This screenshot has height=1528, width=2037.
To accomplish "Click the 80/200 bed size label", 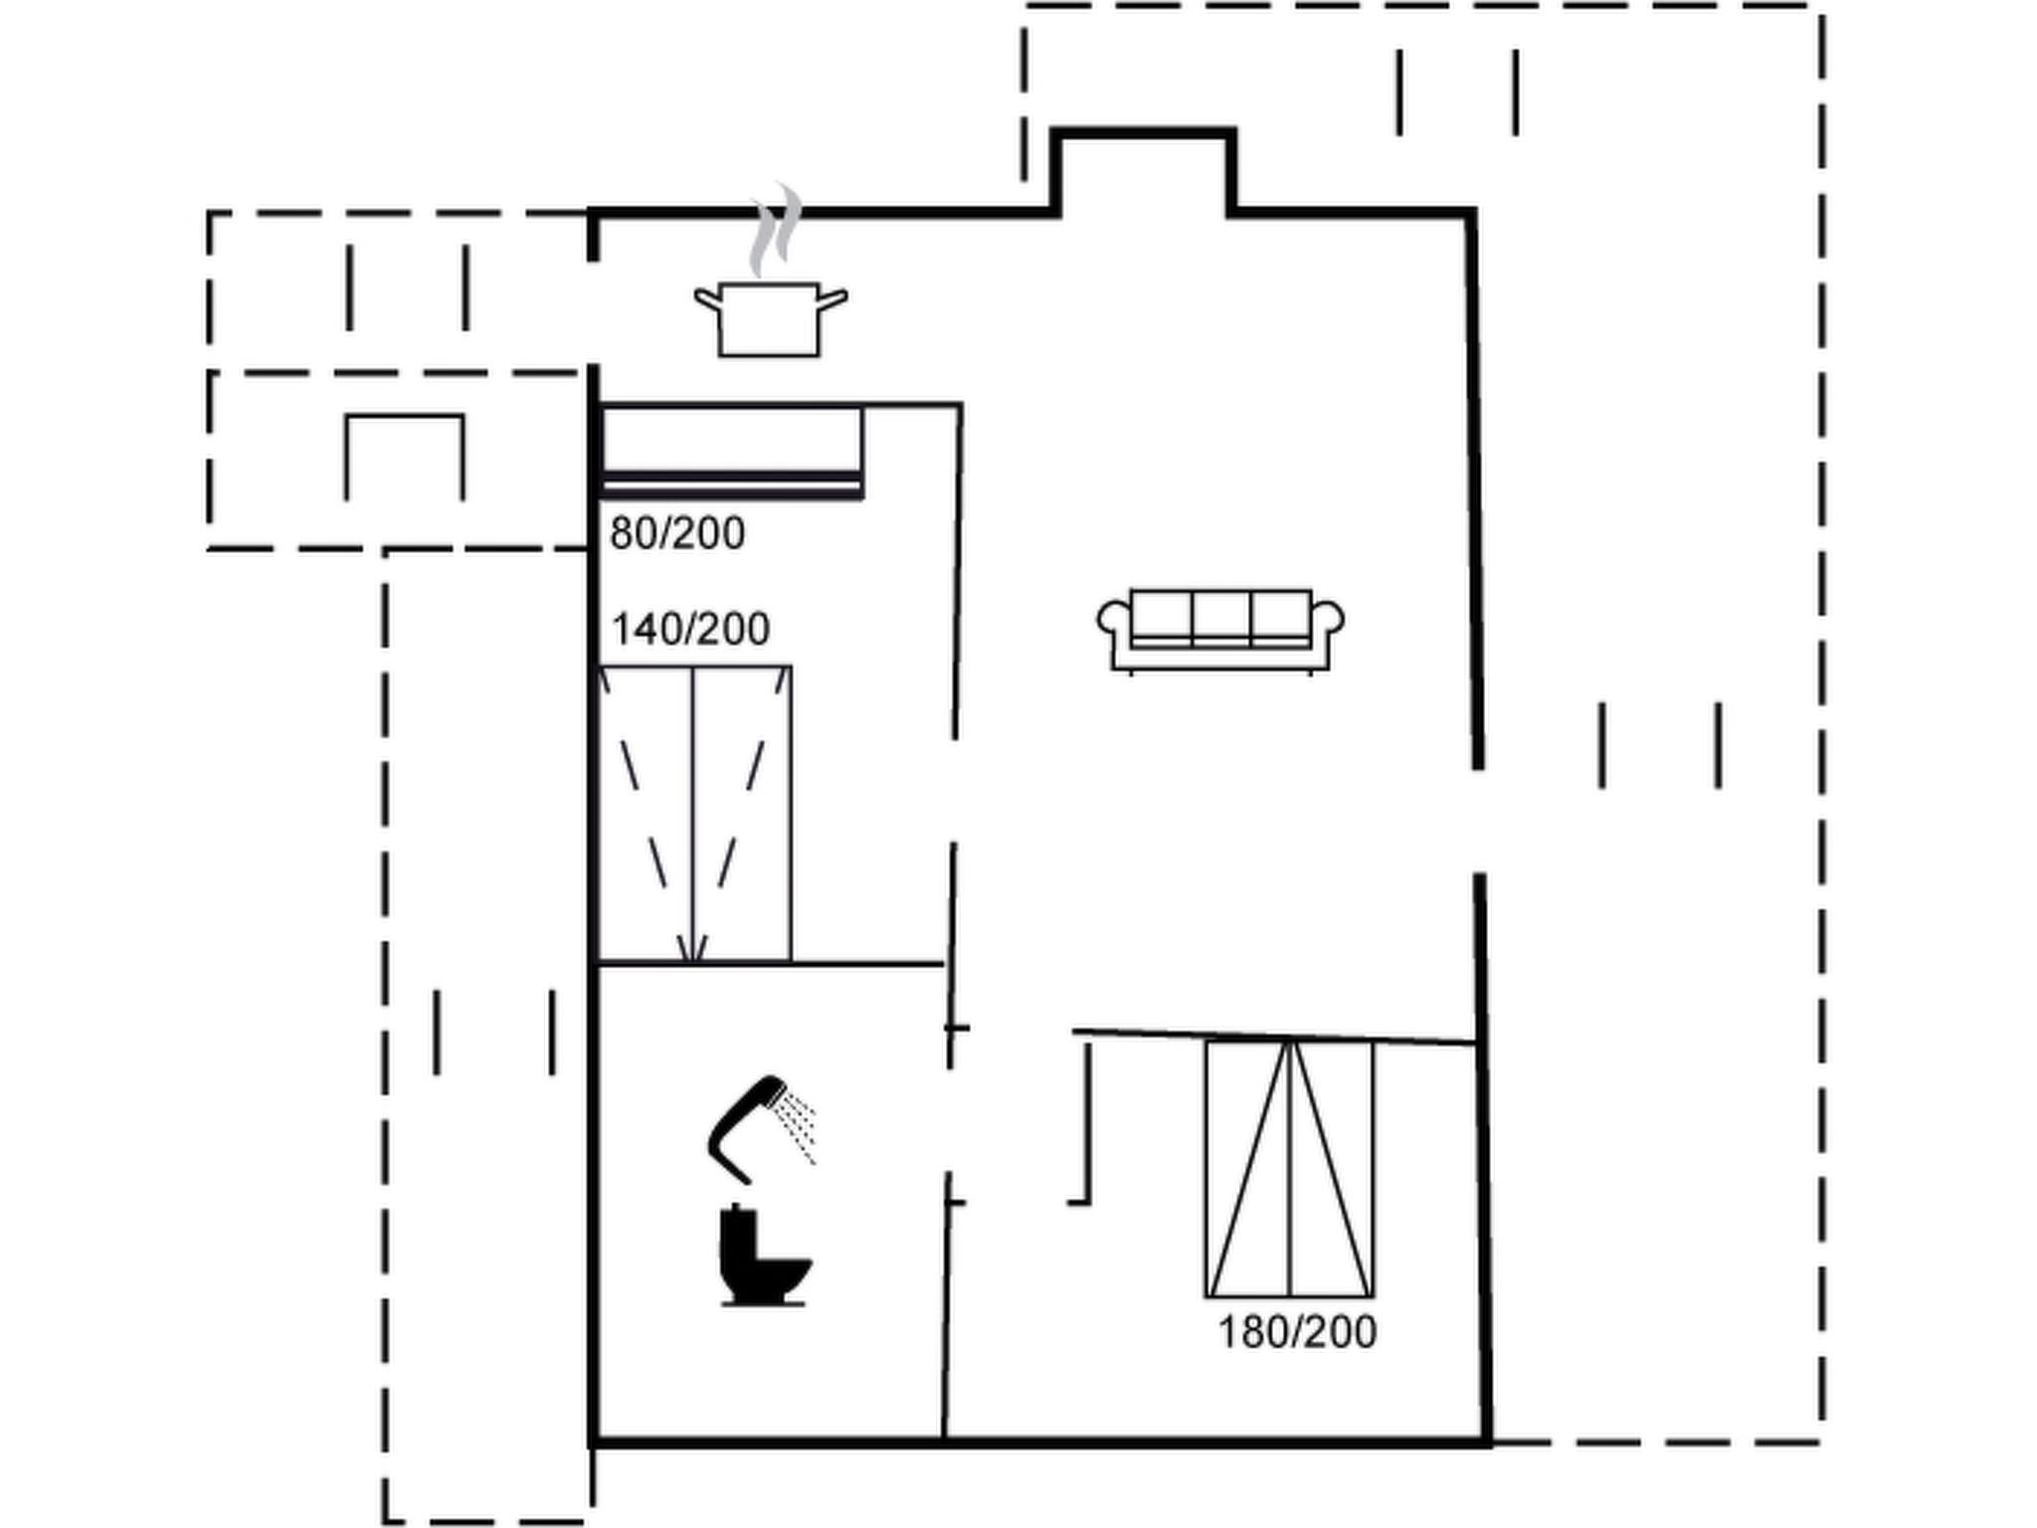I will [x=677, y=534].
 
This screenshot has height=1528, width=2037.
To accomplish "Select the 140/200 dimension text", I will [x=690, y=630].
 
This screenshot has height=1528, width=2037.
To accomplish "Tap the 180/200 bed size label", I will [x=1297, y=1333].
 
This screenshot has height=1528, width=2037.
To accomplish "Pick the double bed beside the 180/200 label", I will [x=1290, y=1169].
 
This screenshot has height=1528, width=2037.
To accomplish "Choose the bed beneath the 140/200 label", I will [x=694, y=814].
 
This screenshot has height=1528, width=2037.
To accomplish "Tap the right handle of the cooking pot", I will [x=833, y=298].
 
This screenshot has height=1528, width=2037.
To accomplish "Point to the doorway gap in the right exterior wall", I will [x=1479, y=821].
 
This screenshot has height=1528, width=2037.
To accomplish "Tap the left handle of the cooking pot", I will [x=707, y=298].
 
